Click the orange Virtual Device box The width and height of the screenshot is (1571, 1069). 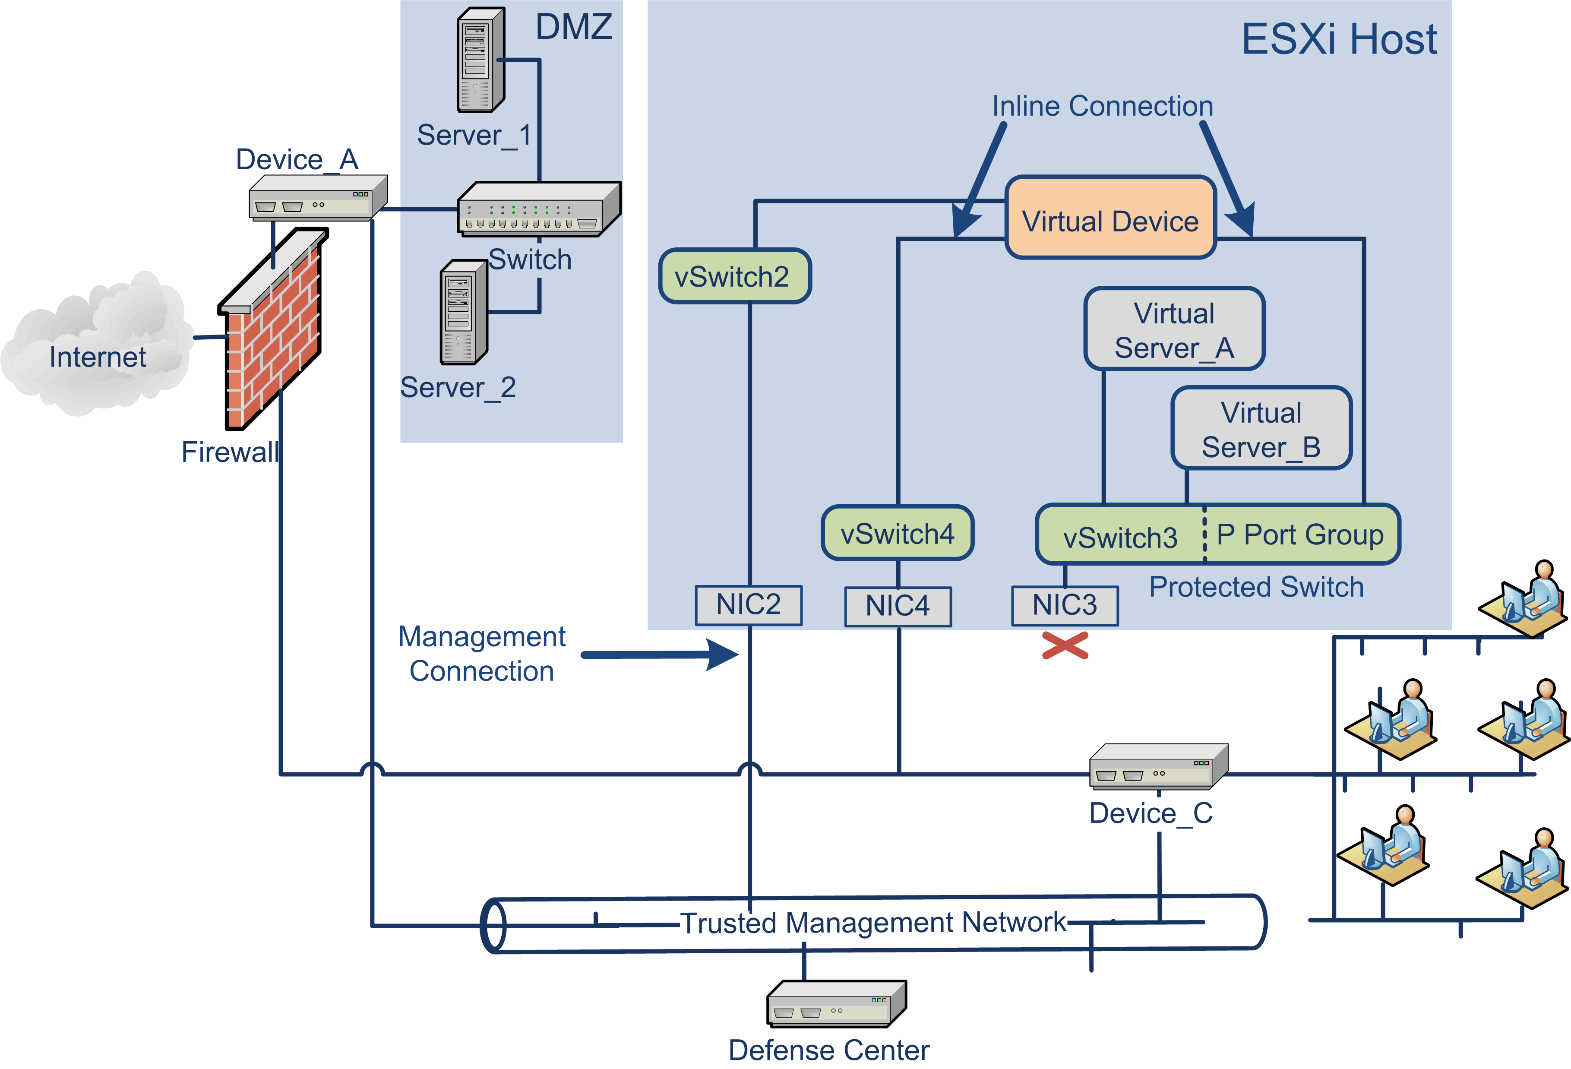1110,218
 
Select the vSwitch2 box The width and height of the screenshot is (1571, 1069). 734,276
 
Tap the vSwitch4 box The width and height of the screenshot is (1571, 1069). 897,533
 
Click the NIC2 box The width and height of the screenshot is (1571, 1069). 748,604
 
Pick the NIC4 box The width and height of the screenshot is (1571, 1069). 898,606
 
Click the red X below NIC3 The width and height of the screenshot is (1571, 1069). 1065,645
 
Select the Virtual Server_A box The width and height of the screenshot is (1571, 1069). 1174,329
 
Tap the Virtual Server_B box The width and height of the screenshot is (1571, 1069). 1261,429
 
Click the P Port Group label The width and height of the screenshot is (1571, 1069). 1299,535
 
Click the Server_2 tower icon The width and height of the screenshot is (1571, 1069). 464,313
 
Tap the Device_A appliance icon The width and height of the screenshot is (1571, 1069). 318,197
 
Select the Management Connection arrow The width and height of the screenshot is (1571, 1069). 659,655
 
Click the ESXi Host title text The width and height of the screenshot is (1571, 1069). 1338,39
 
